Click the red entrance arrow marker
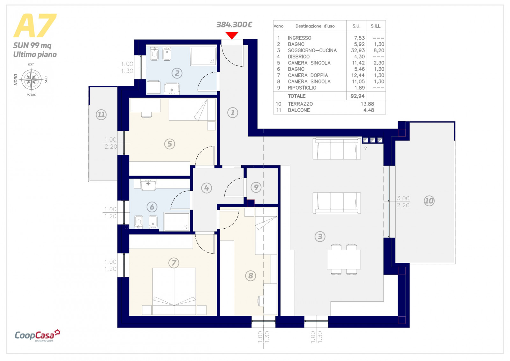click(x=232, y=35)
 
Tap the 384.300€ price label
click(x=234, y=25)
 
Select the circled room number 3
click(x=320, y=237)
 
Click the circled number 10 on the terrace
click(x=429, y=201)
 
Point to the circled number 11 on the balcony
click(x=101, y=114)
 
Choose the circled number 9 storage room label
click(x=256, y=187)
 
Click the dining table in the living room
click(x=344, y=259)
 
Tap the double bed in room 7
click(x=174, y=291)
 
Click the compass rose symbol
click(x=32, y=79)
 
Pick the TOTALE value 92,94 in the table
click(x=357, y=96)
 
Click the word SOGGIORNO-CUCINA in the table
click(x=312, y=50)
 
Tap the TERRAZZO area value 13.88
click(x=367, y=104)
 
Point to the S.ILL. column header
click(x=376, y=26)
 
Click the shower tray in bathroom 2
click(x=203, y=56)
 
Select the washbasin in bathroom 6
click(x=148, y=185)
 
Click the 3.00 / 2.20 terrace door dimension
click(x=403, y=202)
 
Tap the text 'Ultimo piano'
click(x=35, y=55)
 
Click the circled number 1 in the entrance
click(x=232, y=113)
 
